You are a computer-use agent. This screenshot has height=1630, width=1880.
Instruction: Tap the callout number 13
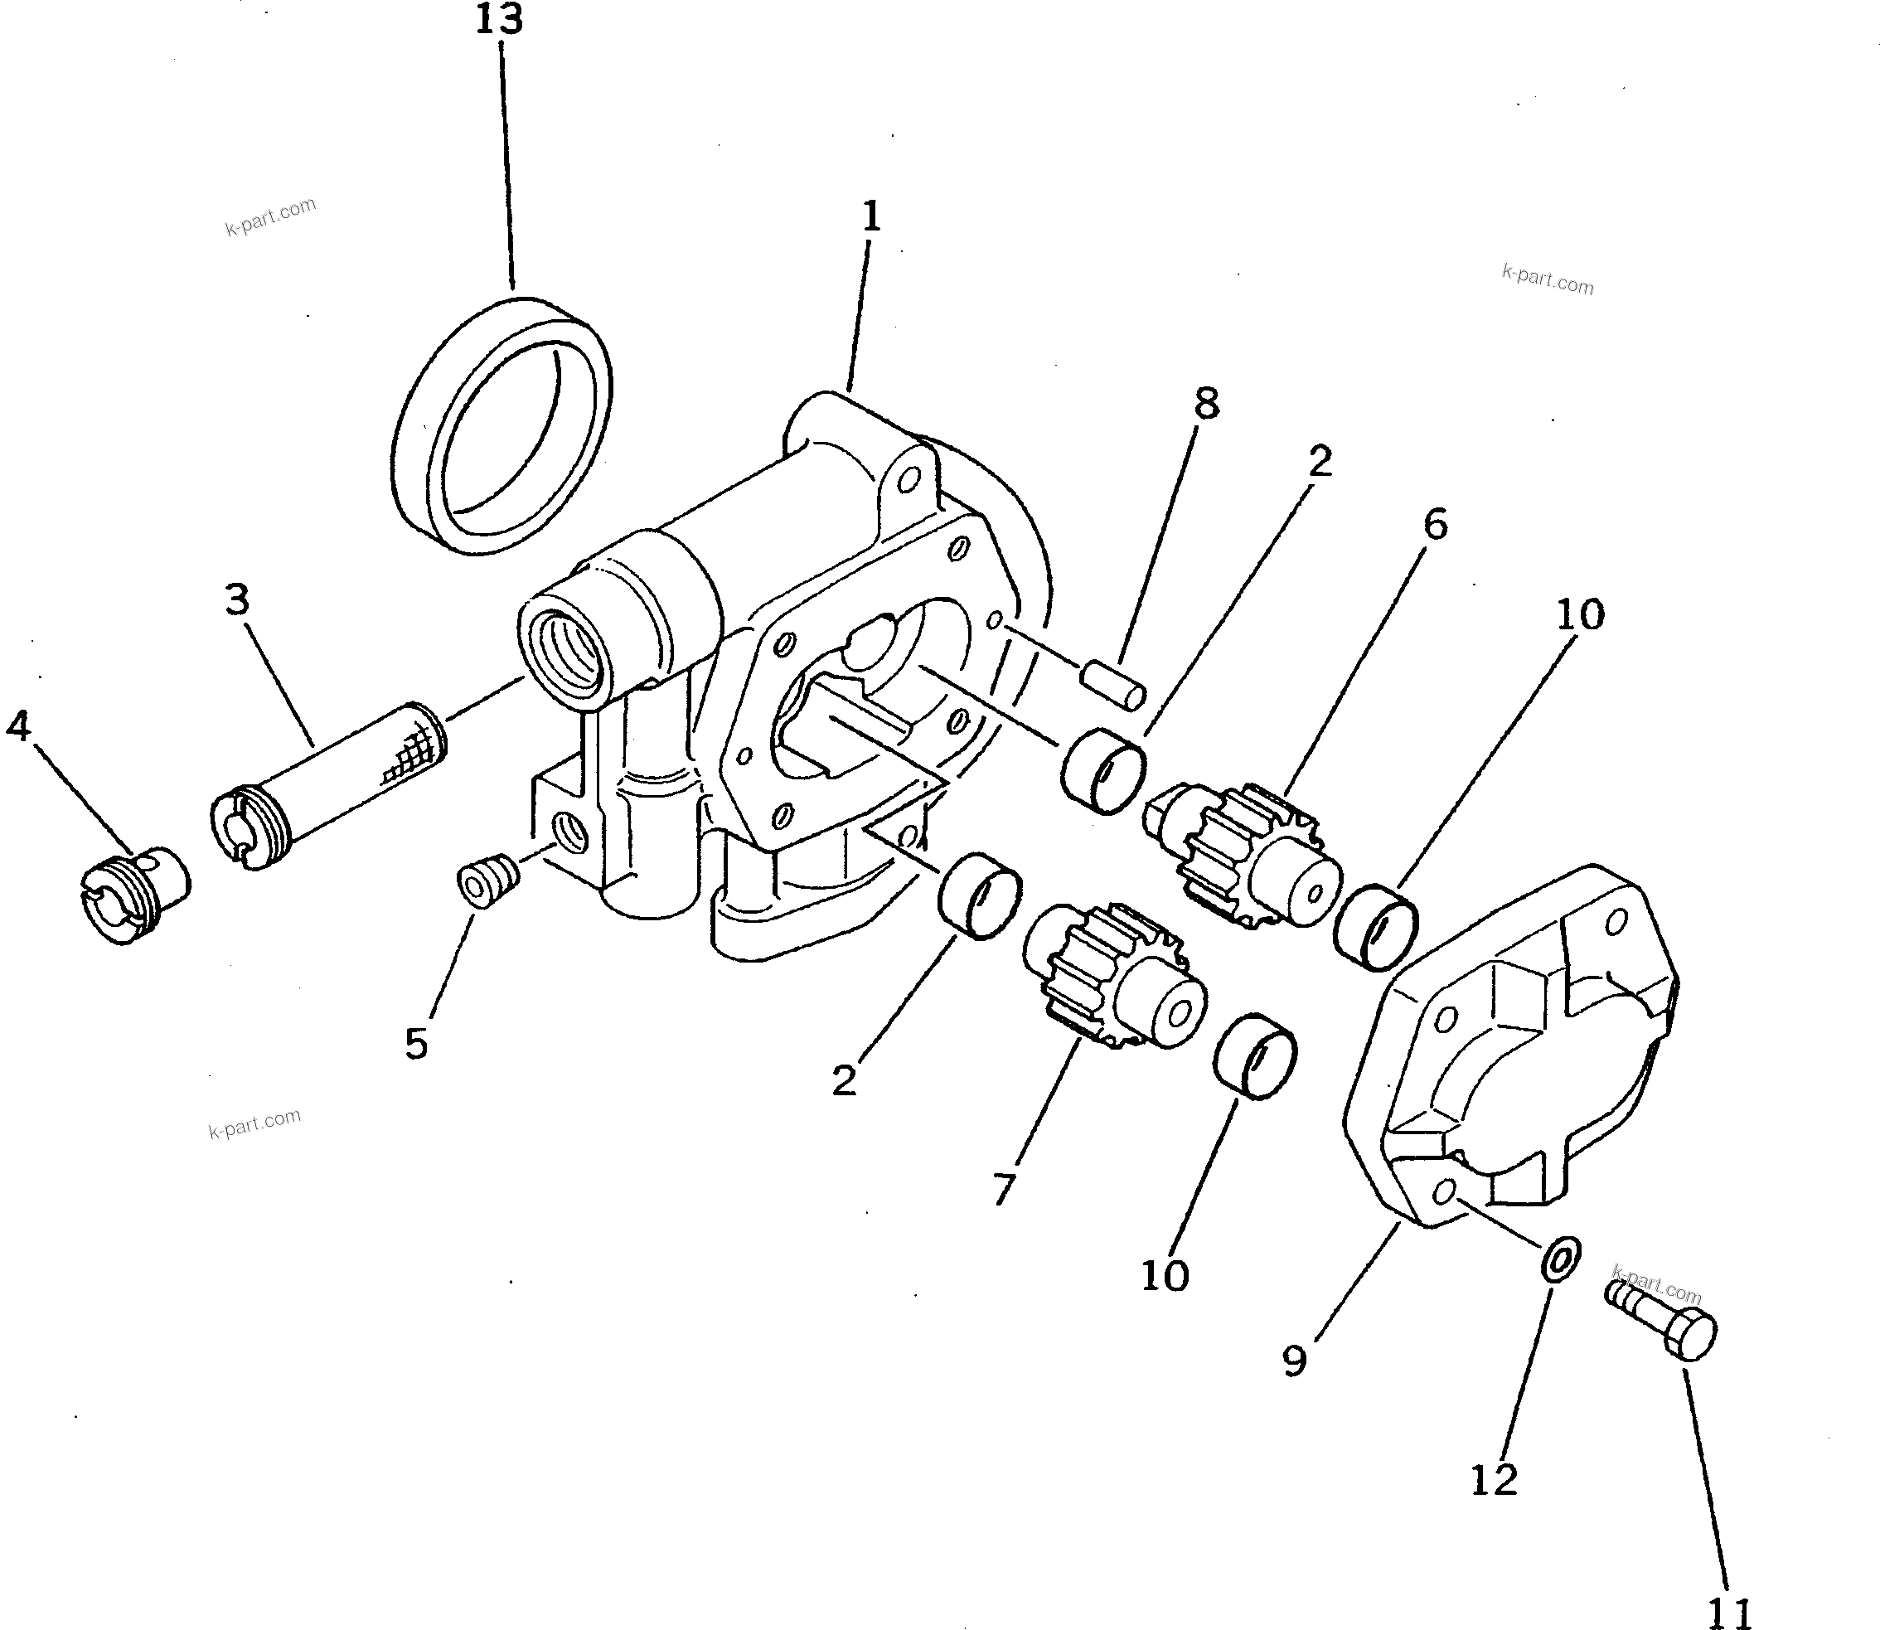[499, 20]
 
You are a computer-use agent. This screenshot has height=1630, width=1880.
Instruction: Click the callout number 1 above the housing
[870, 217]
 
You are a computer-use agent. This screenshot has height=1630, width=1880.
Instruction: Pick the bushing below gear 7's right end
[1256, 1055]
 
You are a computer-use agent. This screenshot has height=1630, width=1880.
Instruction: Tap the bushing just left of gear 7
[981, 896]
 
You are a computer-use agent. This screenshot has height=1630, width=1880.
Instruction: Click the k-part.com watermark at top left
[270, 216]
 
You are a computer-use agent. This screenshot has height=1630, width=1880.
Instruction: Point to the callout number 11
[1729, 1613]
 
